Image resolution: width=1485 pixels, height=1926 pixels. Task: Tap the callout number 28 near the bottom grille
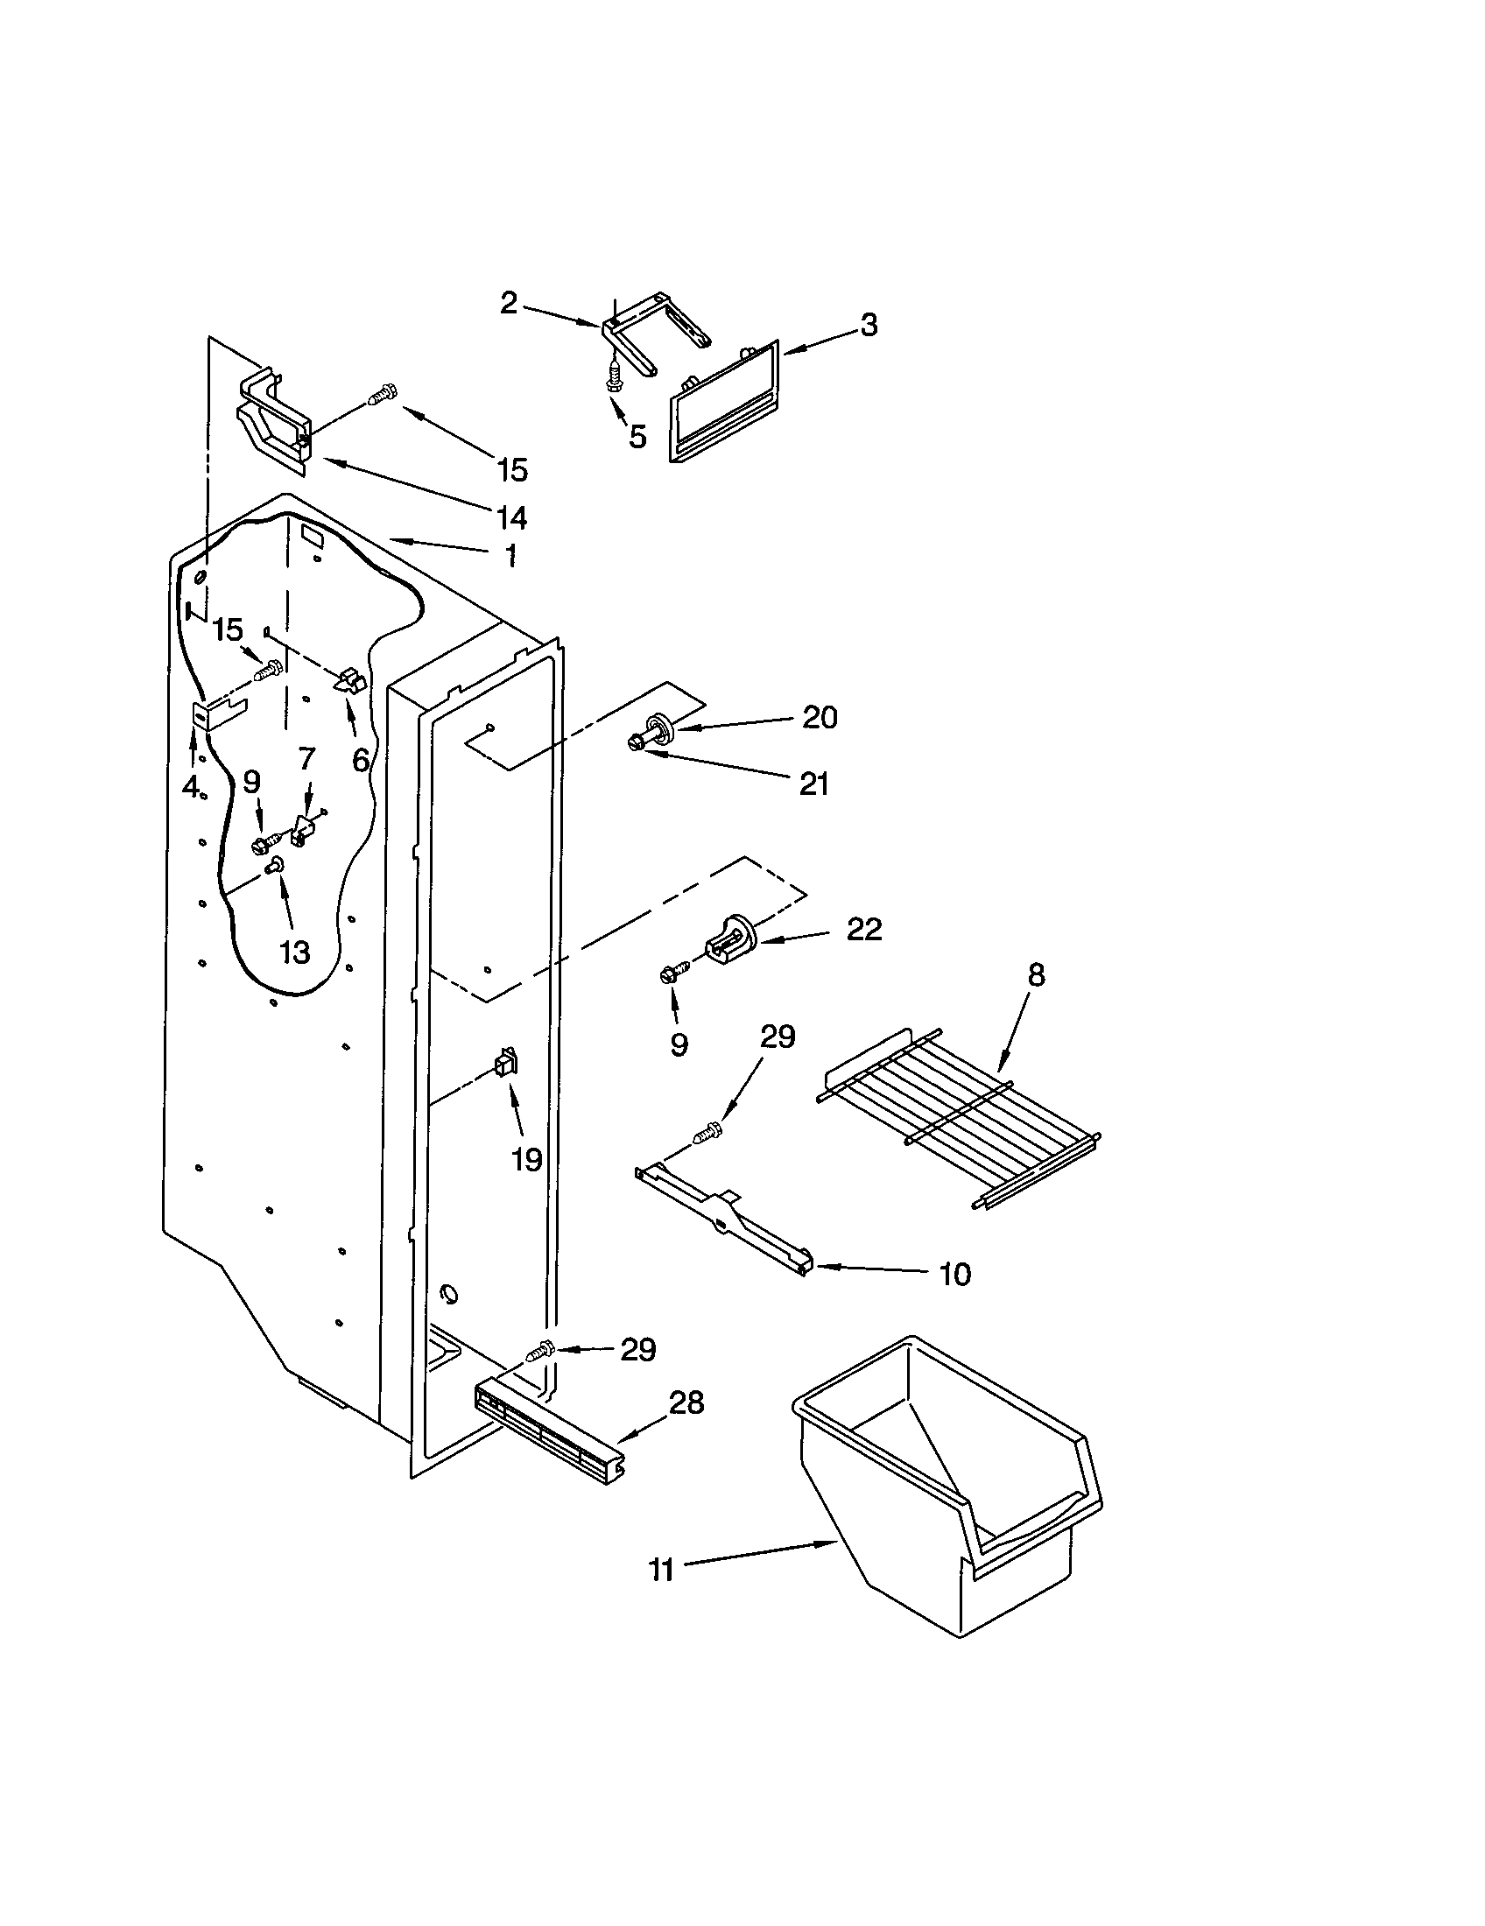687,1403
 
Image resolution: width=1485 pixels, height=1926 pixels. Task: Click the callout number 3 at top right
869,325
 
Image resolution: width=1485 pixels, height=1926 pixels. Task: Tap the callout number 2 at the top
509,304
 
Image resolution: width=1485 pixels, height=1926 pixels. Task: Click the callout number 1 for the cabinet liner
510,556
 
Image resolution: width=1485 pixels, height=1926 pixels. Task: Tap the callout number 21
814,784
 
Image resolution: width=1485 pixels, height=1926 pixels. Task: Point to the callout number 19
526,1160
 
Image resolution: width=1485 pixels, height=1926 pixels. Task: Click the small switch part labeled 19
506,1062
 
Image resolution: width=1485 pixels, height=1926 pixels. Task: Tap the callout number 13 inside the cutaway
294,952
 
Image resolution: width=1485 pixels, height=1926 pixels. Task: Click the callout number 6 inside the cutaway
361,759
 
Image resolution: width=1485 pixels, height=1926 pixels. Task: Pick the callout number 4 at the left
190,787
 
